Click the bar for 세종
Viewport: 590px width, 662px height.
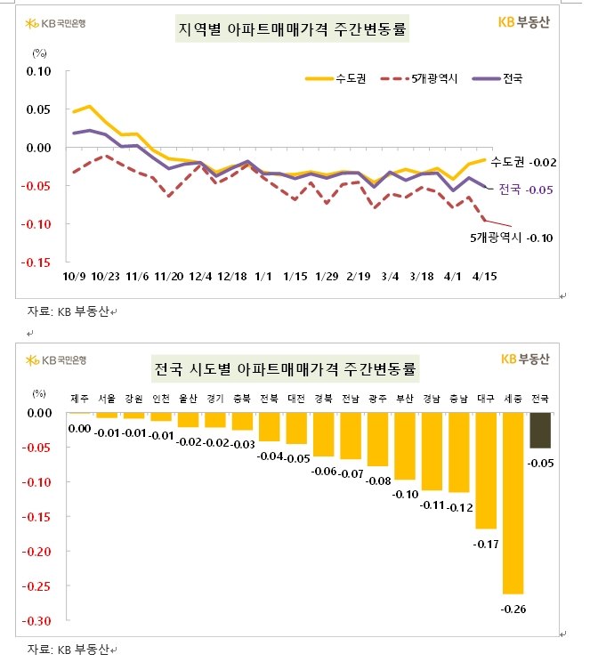pos(513,503)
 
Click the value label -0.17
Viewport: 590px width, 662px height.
pos(486,543)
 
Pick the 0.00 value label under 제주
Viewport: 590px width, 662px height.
pos(80,429)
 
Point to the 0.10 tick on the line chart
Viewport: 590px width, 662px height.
pos(38,70)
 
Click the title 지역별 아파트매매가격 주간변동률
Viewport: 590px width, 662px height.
pos(294,30)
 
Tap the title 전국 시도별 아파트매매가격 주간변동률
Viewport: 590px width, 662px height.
pos(287,367)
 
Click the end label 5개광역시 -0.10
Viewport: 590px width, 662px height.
pos(513,238)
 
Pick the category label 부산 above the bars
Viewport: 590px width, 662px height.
pos(405,397)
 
